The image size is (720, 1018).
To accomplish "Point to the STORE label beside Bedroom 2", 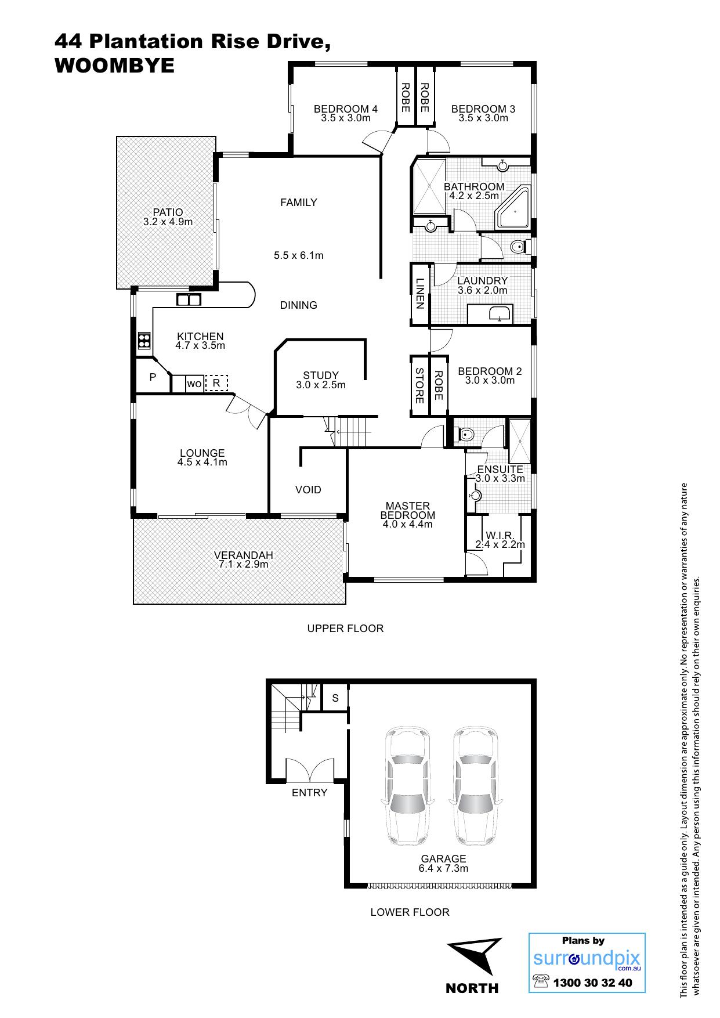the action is coord(419,385).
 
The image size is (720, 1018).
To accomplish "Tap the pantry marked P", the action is coord(153,377).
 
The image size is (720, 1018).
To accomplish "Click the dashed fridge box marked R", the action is coord(216,383).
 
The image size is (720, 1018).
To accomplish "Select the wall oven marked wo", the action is coord(194,384).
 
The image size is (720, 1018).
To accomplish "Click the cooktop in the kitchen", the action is coord(144,341).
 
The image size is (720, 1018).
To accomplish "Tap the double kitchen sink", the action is coord(189,299).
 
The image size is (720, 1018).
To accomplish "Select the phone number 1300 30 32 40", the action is coord(593,983).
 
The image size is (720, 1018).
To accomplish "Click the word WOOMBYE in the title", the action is coord(114,66).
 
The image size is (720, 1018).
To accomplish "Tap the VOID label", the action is coord(308,490).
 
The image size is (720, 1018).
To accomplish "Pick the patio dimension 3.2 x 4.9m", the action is coord(168,221).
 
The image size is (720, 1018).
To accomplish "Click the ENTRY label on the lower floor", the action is coord(310,793).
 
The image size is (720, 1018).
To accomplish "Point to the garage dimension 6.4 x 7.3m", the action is coord(443,868).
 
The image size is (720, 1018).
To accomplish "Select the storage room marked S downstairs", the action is coord(335,698).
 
